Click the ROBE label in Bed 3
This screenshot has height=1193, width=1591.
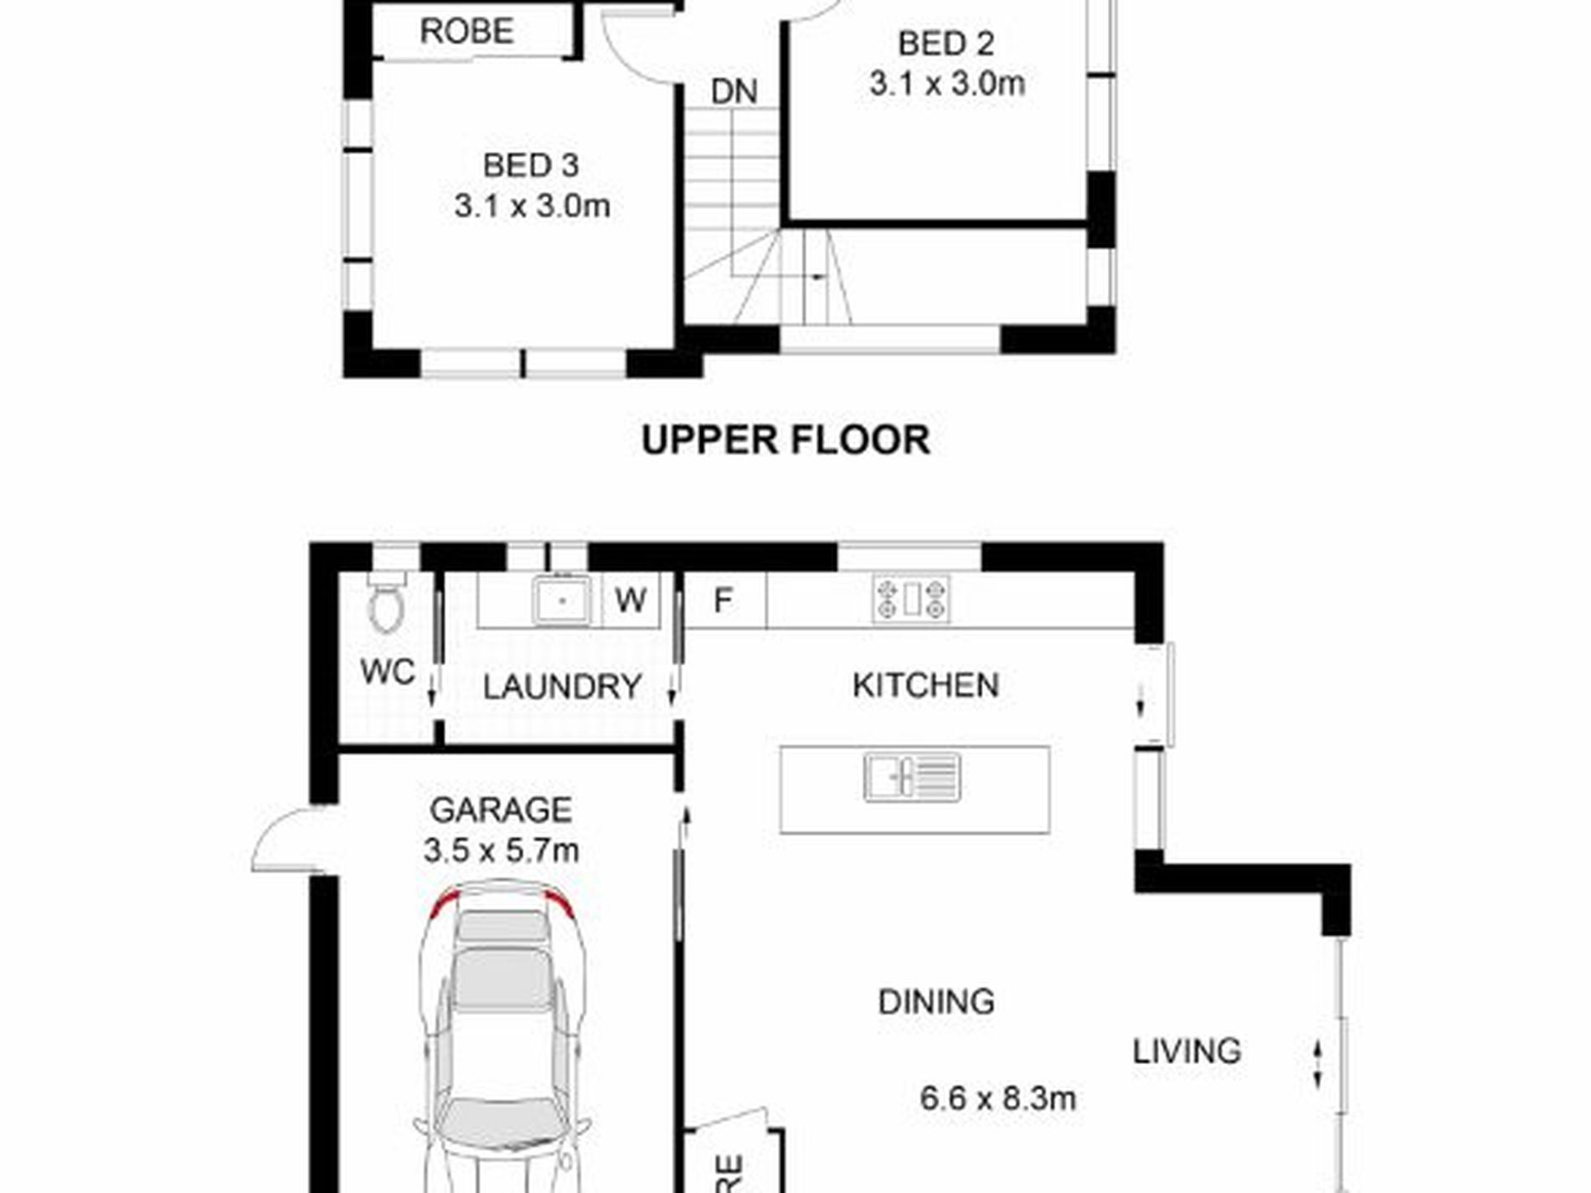[466, 32]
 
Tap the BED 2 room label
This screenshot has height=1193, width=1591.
[946, 44]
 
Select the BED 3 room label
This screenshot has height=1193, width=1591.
[531, 166]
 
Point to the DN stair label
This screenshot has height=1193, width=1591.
[734, 92]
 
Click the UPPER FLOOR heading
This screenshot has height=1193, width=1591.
[785, 440]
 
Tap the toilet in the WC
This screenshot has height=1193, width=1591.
[386, 601]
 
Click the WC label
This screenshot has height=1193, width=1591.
[388, 671]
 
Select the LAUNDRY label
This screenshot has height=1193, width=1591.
[562, 687]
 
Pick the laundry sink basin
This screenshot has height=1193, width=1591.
[563, 600]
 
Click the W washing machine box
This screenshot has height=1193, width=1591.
[631, 600]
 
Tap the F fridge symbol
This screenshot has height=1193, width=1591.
[723, 600]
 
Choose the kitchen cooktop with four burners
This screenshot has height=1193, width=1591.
[911, 599]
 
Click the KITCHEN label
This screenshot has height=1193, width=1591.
[925, 686]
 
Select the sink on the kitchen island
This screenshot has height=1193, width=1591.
[912, 778]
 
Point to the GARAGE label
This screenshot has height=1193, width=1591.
[501, 810]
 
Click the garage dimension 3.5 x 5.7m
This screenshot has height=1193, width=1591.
[501, 851]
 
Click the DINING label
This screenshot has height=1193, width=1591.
[936, 1002]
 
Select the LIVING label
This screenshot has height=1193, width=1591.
[1187, 1052]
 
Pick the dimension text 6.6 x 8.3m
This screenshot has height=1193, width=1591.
[997, 1098]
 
